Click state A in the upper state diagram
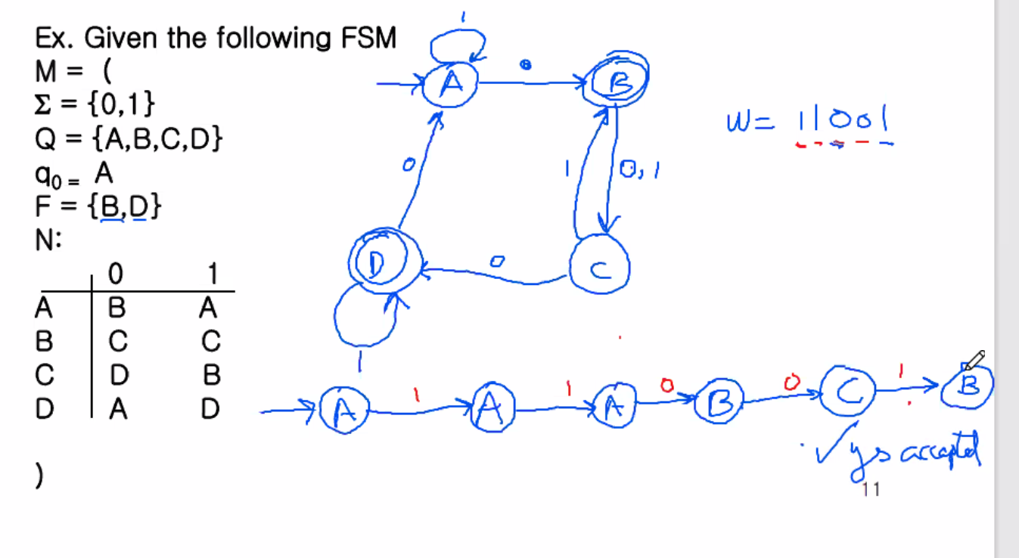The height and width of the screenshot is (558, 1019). [451, 85]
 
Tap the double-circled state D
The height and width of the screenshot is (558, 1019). [376, 262]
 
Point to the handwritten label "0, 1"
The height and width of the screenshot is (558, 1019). [640, 171]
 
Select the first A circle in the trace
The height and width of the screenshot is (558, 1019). [343, 411]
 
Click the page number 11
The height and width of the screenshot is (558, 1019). [870, 490]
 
